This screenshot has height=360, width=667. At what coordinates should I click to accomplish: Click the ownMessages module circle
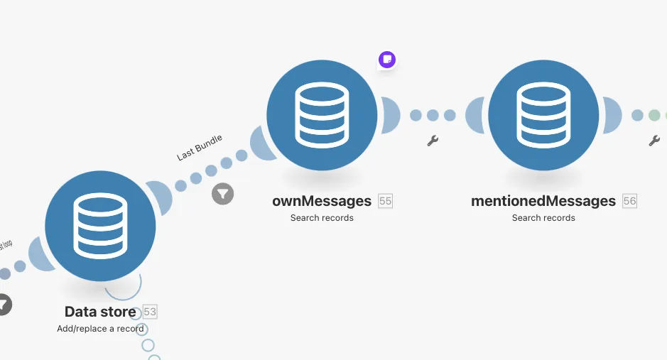[x=322, y=116]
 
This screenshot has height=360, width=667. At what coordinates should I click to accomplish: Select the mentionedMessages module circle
[x=543, y=116]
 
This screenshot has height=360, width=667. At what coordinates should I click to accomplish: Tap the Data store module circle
[x=100, y=226]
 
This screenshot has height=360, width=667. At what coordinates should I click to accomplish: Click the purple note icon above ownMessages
[x=386, y=60]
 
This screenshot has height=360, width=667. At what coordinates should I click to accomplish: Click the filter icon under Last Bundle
[x=223, y=193]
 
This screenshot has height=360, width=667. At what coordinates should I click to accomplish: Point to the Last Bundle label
[x=200, y=148]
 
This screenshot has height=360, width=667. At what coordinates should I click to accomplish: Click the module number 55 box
[x=385, y=201]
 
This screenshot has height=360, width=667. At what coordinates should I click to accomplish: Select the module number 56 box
[x=629, y=201]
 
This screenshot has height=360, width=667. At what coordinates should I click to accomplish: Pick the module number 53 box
[x=150, y=312]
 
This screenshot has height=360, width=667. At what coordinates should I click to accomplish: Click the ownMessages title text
[x=322, y=201]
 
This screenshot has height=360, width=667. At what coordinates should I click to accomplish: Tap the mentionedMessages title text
[x=543, y=201]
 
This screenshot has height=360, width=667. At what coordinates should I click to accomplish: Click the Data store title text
[x=100, y=312]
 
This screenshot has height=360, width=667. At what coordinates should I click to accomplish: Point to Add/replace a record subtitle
[x=100, y=329]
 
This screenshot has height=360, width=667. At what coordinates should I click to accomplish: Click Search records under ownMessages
[x=322, y=218]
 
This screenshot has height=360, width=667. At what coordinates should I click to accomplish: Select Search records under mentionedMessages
[x=543, y=218]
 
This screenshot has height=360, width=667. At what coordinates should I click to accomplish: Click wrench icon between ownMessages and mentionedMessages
[x=433, y=141]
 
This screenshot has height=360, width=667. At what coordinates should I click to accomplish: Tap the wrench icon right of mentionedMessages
[x=654, y=141]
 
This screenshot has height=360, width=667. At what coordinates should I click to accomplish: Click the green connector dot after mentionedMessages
[x=654, y=115]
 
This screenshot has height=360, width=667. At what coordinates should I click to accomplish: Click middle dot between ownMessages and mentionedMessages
[x=433, y=115]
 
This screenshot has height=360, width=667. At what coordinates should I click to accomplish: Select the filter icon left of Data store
[x=3, y=305]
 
